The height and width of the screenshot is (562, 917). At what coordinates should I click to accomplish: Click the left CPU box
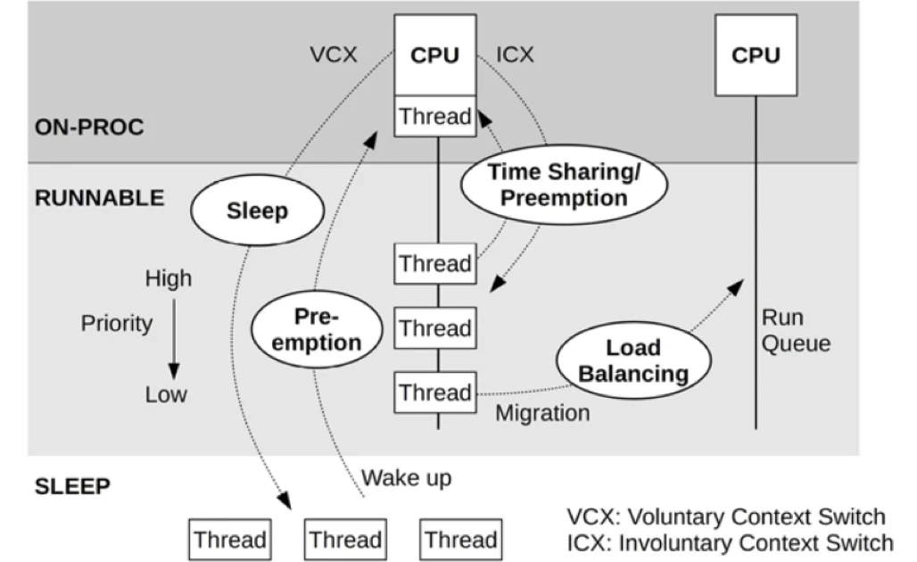(434, 55)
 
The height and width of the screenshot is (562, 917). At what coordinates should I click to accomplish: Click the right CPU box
(756, 55)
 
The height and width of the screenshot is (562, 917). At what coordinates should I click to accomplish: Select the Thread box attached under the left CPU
(434, 117)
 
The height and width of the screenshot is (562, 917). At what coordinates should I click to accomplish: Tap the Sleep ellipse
(257, 211)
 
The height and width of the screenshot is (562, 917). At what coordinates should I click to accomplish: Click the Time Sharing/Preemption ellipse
(563, 186)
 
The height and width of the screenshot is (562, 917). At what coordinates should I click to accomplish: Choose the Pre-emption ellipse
(317, 329)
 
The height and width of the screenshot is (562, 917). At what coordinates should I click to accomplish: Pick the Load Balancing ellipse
(633, 360)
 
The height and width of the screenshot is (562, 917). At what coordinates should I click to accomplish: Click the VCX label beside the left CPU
(334, 55)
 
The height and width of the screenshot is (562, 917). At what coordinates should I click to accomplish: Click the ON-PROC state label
(89, 127)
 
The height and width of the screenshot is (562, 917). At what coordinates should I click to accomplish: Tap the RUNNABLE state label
(99, 198)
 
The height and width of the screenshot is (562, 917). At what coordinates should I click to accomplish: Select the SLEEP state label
(72, 487)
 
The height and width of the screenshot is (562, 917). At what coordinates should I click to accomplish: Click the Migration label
(542, 413)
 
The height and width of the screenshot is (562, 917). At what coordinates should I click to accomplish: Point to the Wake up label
(406, 478)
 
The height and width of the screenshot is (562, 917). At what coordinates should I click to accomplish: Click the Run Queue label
(795, 330)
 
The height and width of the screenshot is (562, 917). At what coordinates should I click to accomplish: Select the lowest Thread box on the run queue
(434, 393)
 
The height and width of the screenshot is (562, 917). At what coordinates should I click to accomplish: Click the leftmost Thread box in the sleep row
(230, 540)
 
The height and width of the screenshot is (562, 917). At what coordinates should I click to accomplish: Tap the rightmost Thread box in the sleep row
(460, 540)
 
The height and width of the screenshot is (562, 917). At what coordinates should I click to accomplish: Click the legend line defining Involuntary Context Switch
(729, 542)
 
